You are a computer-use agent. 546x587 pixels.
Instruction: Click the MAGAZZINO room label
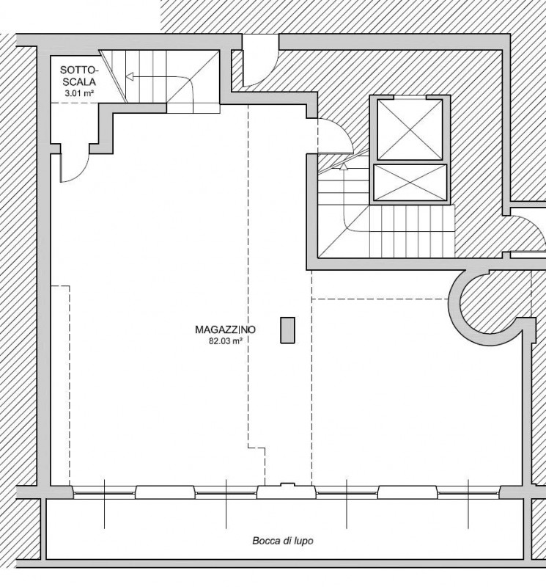coord(226,329)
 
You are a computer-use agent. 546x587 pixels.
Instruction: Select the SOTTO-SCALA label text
coord(79,76)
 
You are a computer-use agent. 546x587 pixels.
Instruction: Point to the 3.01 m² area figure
coord(79,93)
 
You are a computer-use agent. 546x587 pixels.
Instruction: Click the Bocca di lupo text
coord(283,541)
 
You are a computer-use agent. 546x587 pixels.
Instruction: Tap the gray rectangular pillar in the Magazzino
coord(287,330)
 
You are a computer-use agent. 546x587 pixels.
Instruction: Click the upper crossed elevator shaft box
coord(410,130)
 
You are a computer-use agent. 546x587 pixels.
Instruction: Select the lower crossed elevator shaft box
coord(410,183)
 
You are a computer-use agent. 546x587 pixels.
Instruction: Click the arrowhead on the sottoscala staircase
coord(130,77)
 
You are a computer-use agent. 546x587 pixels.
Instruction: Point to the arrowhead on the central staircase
coord(344,167)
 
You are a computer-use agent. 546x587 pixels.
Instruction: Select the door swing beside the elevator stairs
coord(336,136)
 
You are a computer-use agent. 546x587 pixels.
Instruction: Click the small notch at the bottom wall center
coord(287,485)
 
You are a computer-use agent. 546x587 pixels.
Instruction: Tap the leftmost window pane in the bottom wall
coord(104,493)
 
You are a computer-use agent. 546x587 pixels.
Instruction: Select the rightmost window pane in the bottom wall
coord(468,493)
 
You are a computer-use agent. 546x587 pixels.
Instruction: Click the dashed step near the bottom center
coord(257,448)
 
